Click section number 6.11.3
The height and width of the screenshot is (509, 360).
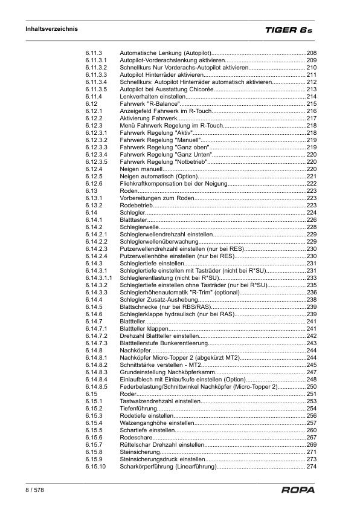coord(94,54)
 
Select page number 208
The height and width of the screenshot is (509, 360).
coord(312,54)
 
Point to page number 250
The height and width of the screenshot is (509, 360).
coord(312,386)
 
